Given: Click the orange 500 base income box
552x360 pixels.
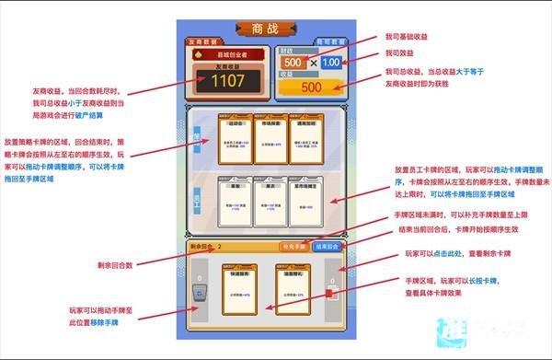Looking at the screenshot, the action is point(293,63).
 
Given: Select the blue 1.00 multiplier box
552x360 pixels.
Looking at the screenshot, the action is point(331,63).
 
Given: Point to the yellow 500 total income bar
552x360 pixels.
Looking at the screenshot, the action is point(311,87).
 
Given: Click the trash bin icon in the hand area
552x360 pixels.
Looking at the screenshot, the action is point(198,294).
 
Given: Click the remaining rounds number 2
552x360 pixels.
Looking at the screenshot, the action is point(220,247).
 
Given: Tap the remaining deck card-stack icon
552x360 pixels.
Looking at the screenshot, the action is point(330,294).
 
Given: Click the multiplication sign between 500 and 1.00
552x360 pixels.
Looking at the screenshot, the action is point(312,63).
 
